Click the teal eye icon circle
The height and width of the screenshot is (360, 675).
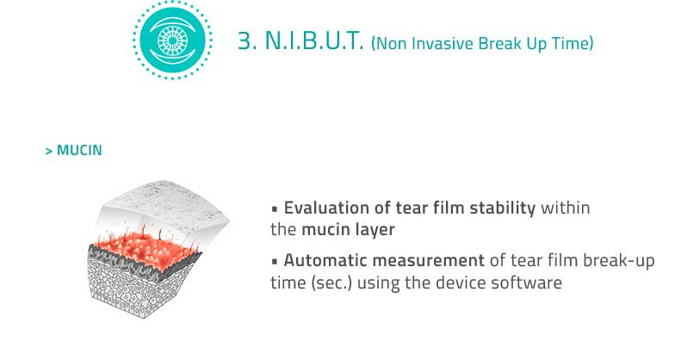click(x=172, y=40)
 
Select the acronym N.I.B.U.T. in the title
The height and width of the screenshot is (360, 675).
click(x=314, y=41)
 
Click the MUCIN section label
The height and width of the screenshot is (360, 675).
click(x=79, y=150)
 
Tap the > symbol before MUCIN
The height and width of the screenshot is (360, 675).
click(x=49, y=151)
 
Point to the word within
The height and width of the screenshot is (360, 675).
click(x=565, y=208)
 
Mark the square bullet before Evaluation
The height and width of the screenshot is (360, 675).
click(x=275, y=210)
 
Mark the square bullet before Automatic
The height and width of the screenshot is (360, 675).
click(x=275, y=262)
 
